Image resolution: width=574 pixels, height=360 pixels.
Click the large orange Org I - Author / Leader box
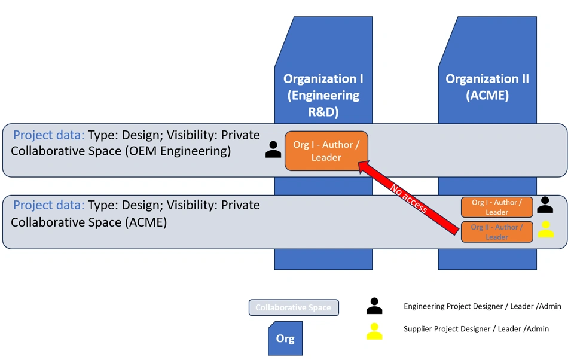(326, 151)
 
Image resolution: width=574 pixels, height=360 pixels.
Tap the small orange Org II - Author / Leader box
(496, 231)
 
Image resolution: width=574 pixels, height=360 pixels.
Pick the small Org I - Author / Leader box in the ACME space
(496, 207)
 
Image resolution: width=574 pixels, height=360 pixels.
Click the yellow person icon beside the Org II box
(545, 230)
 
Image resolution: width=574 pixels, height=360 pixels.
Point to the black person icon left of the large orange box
(273, 150)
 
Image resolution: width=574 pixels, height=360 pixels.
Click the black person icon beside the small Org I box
(545, 205)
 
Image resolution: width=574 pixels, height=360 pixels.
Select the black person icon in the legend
(374, 306)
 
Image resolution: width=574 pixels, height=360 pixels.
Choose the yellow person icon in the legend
(374, 331)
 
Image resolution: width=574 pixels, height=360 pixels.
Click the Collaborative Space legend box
(294, 307)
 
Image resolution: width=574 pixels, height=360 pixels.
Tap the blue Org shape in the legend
(285, 338)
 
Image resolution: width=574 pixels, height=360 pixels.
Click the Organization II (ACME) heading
(487, 87)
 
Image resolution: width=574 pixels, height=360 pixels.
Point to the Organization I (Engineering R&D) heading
(323, 95)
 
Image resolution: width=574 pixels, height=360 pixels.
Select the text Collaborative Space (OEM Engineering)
(121, 151)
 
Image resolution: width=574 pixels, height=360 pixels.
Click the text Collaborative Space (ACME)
(88, 222)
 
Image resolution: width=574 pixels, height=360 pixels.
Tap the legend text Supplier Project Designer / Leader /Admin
(476, 329)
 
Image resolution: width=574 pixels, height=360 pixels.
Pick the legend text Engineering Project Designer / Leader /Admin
(482, 306)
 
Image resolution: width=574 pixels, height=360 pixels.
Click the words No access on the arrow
(409, 199)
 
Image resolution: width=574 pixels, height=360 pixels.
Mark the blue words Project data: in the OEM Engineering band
(48, 135)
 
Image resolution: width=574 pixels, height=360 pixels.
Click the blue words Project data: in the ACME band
(48, 205)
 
